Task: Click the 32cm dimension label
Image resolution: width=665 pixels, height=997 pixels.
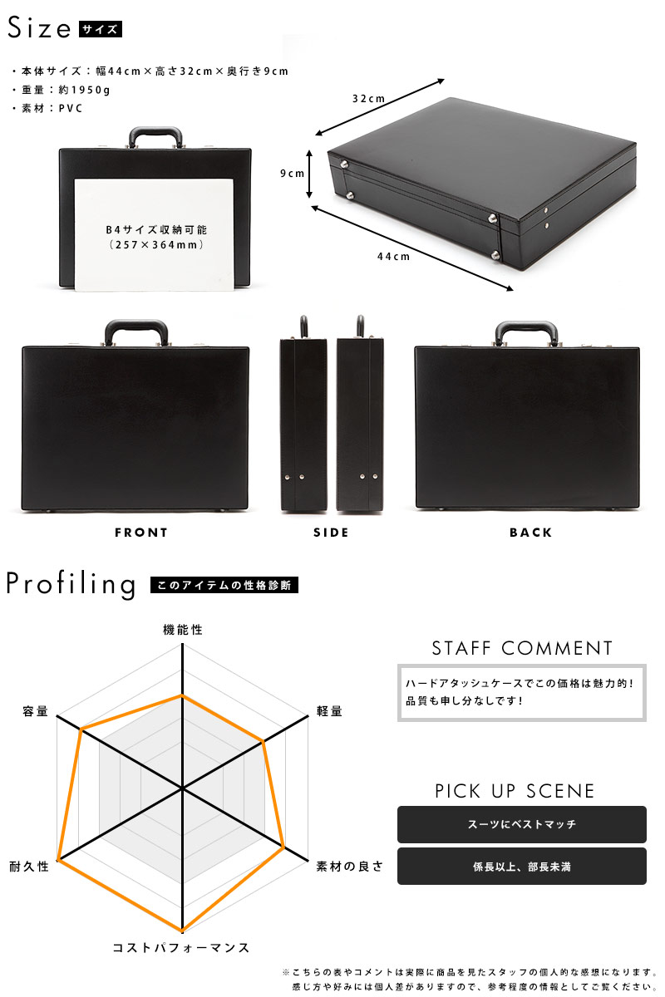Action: [368, 98]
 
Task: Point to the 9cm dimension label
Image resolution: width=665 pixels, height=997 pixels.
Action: [293, 173]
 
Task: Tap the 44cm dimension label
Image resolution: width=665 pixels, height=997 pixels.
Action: [393, 257]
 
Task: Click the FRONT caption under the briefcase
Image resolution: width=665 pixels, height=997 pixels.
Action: [140, 533]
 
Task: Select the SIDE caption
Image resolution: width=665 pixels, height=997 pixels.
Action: [331, 533]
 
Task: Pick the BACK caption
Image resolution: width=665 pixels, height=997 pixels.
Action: [530, 533]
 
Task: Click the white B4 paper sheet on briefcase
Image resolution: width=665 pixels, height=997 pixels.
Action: [154, 235]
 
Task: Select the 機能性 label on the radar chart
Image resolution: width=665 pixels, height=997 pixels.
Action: [183, 630]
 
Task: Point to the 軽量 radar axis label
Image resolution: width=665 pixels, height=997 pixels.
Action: [329, 711]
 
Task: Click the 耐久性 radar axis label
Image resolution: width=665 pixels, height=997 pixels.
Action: [29, 866]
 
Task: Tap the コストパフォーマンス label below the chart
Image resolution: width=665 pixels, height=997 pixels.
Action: [180, 948]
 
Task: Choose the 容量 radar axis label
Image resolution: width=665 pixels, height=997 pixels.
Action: [35, 711]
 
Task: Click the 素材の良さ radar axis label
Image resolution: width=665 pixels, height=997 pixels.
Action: [349, 866]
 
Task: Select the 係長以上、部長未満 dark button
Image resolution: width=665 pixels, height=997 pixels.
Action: [521, 866]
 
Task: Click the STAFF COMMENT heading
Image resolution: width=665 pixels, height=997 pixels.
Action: [522, 648]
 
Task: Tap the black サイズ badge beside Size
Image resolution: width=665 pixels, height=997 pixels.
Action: [101, 29]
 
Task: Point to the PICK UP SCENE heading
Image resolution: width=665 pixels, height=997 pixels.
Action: [515, 791]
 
